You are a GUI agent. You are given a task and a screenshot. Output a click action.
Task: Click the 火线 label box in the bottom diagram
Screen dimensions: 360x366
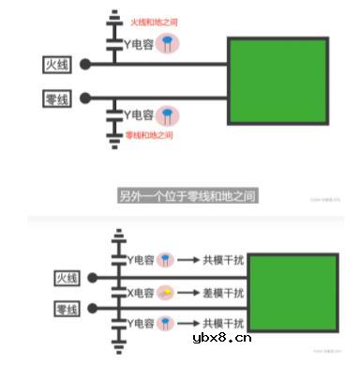tap(66, 279)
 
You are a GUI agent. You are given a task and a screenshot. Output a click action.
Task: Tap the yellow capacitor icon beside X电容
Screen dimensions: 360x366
tap(165, 292)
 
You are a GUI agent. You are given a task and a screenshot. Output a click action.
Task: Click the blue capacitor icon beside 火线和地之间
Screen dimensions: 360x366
tap(167, 42)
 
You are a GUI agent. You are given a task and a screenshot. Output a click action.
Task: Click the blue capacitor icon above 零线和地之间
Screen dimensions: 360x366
tap(167, 115)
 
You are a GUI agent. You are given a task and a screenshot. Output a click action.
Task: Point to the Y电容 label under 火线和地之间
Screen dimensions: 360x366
tap(139, 42)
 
